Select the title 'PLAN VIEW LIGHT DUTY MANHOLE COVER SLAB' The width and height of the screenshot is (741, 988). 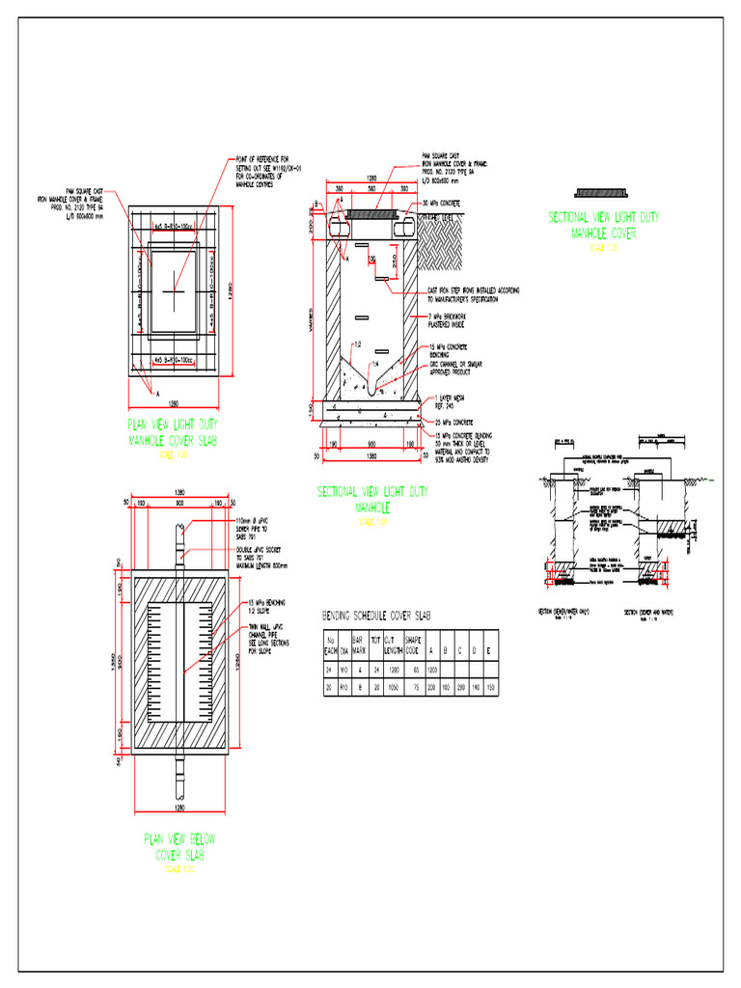click(x=175, y=432)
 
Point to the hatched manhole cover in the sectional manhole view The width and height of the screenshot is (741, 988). click(x=371, y=213)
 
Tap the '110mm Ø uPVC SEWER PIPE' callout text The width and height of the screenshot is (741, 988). click(x=256, y=530)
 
